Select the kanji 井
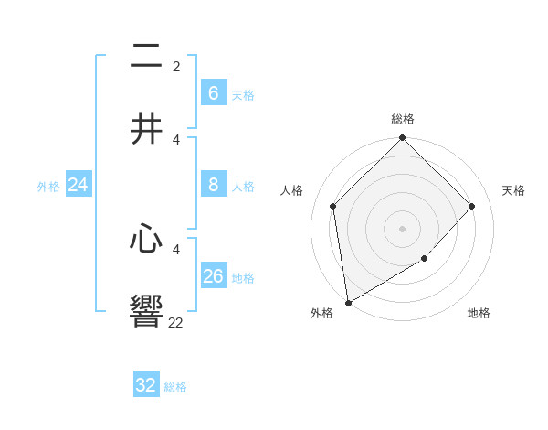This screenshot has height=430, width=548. pos(146,129)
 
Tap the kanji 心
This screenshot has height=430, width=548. pos(146,240)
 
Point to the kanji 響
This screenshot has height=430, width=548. pos(146,311)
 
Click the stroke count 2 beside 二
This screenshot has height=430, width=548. pos(176,67)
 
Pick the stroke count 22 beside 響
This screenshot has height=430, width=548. pos(175,322)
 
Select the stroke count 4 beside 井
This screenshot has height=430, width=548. pos(176,139)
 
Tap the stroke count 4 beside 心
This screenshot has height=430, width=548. pos(176,249)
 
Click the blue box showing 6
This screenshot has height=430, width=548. pos(213,92)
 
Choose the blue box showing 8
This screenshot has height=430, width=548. pos(213,185)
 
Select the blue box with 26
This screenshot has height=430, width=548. pos(213,275)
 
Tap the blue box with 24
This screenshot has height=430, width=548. pos(78,185)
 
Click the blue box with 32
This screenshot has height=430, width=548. pos(146,385)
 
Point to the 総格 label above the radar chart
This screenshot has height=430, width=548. pos(403,119)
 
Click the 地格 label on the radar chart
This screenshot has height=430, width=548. pos(479,313)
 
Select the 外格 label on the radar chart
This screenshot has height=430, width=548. pos(321,313)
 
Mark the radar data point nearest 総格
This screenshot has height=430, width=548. pos(403,139)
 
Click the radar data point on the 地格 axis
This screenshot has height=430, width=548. pos(425,259)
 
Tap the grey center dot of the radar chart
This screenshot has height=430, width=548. pos(403,229)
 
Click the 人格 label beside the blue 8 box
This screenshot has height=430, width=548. pos(243,186)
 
